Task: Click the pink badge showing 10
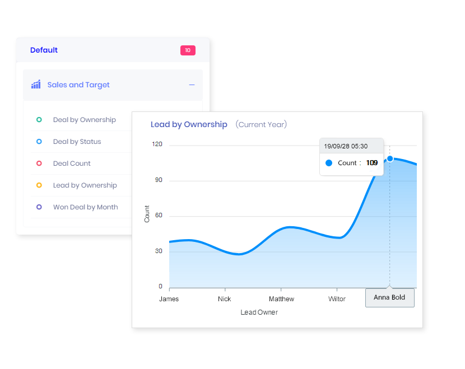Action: coord(188,50)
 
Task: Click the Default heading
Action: coord(44,50)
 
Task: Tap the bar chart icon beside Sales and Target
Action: coord(36,85)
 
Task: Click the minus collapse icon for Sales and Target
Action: coord(192,85)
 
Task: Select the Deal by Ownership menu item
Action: coord(84,120)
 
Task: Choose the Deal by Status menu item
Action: coord(77,142)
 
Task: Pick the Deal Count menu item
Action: coord(72,164)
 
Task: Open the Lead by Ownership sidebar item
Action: coord(85,185)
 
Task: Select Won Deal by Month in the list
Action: coord(85,207)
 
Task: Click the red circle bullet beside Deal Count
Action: coord(39,164)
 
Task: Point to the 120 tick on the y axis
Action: coord(157,144)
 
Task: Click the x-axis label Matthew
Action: coord(281,299)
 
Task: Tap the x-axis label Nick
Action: coord(224,299)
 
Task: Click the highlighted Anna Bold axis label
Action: coord(389,297)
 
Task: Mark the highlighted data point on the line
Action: coord(390,159)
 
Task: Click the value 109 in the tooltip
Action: coord(372,163)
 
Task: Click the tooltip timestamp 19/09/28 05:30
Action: coord(346,146)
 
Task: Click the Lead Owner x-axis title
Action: coord(259,312)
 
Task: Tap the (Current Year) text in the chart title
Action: coord(261,124)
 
